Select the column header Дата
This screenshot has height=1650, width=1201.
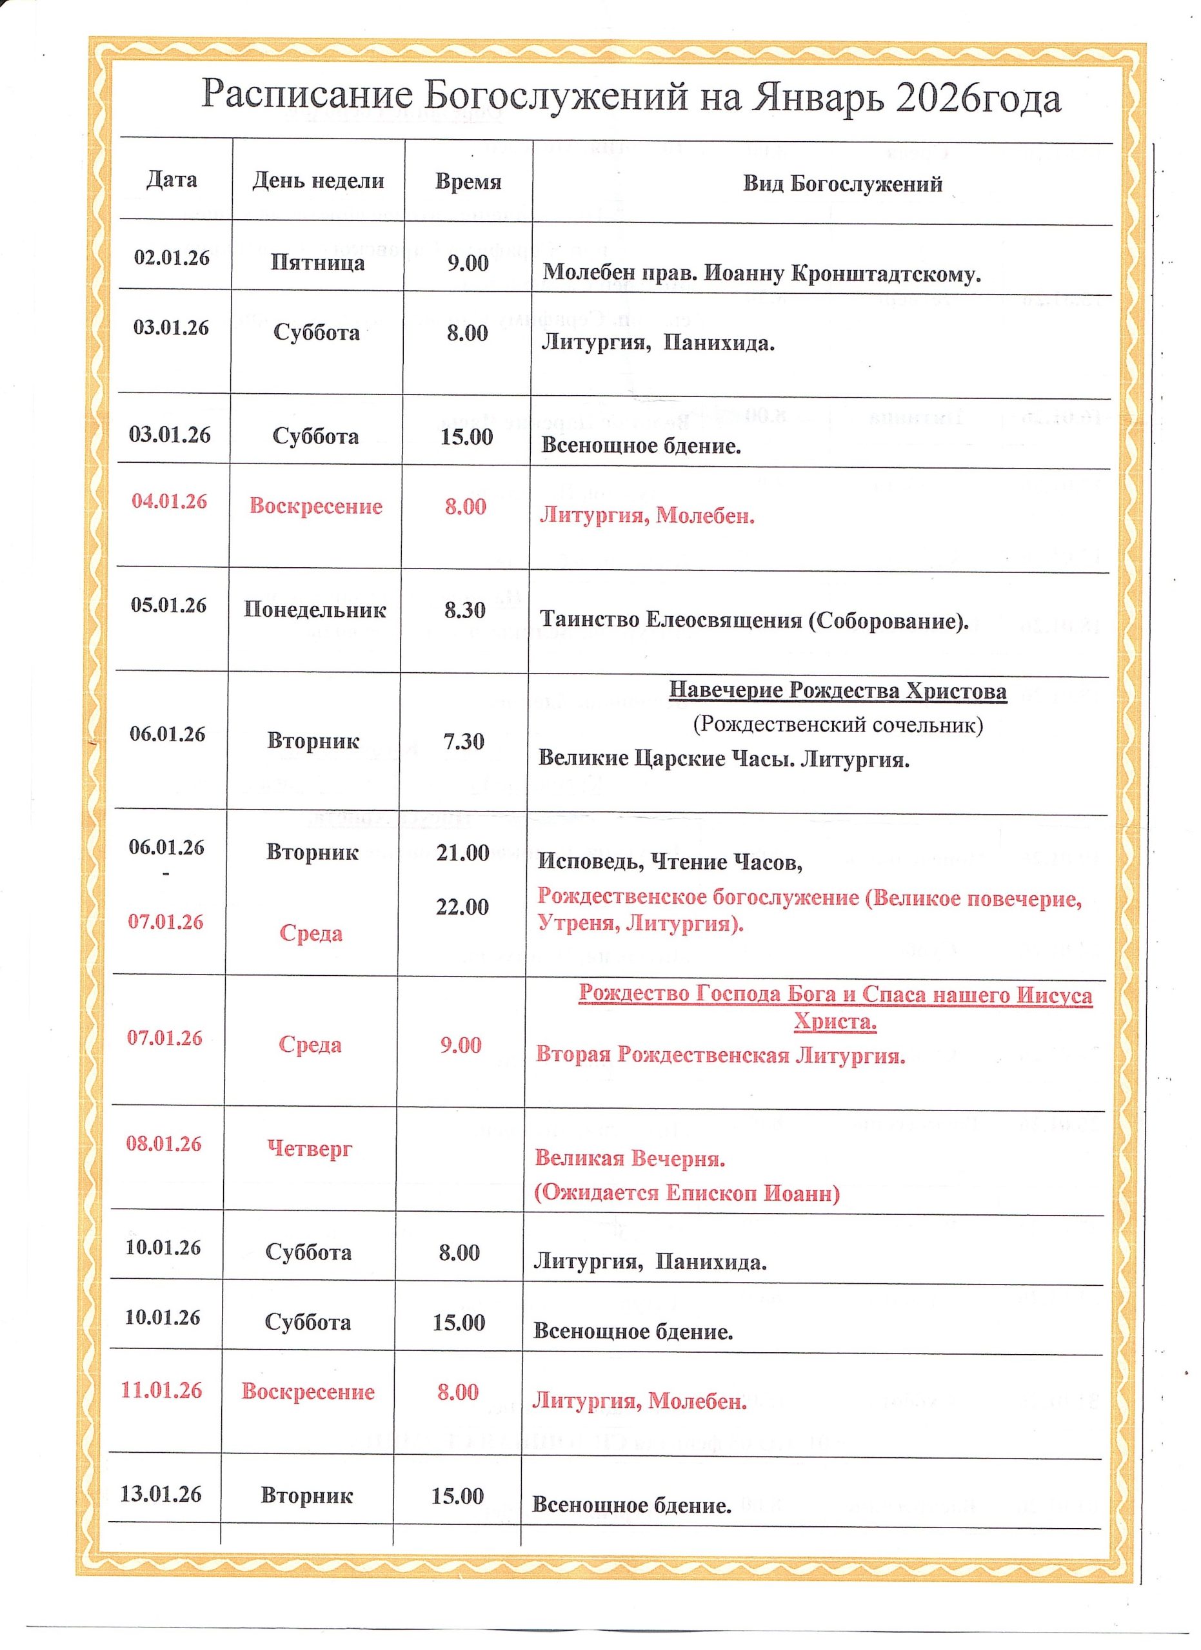(172, 180)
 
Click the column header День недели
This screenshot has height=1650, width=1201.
(318, 180)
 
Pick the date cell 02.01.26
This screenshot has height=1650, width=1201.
(172, 258)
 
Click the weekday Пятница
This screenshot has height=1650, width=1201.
(317, 262)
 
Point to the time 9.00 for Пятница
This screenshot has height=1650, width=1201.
(467, 262)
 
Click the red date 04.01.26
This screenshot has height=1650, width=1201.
(170, 501)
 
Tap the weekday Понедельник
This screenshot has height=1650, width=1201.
(315, 609)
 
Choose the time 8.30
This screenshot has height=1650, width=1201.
(465, 610)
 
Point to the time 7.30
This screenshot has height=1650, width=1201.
(464, 741)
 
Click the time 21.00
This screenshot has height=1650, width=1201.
(463, 852)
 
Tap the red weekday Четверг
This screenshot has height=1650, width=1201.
(310, 1149)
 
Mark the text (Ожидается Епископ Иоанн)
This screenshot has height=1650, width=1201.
(687, 1193)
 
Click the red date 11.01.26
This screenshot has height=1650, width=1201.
(162, 1390)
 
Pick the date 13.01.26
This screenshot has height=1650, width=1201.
(161, 1493)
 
